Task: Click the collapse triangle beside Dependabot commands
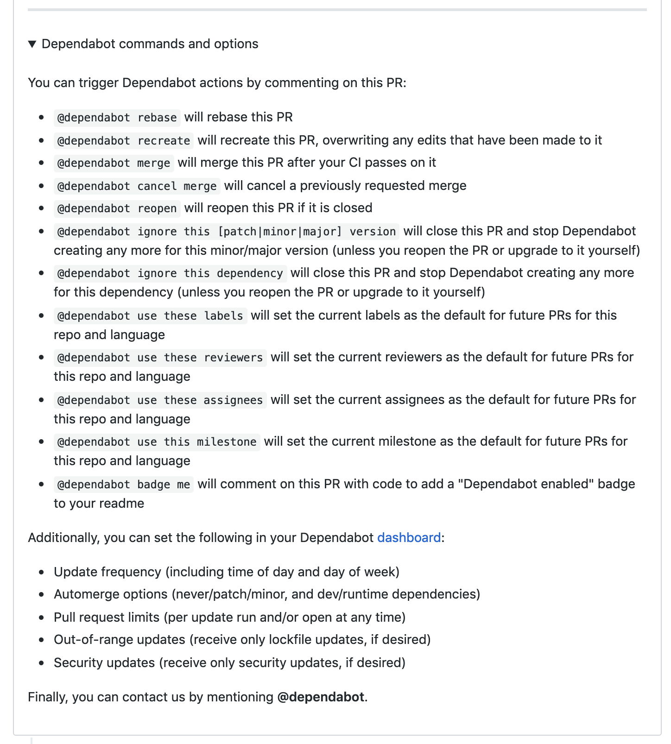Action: click(x=32, y=44)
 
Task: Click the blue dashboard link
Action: click(x=409, y=537)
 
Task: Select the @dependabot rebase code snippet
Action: click(x=117, y=117)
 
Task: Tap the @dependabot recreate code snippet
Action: click(x=124, y=140)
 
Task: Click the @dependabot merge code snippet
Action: click(x=114, y=163)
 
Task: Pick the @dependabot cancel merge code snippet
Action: click(x=137, y=186)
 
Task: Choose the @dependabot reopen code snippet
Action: click(x=117, y=208)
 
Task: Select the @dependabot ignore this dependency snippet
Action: click(x=170, y=273)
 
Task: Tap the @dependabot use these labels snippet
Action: click(x=150, y=315)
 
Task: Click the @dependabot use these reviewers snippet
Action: click(x=160, y=358)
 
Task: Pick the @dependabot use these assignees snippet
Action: click(x=160, y=400)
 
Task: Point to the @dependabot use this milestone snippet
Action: click(x=157, y=441)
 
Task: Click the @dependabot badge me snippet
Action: click(x=124, y=484)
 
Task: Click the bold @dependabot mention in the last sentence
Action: click(x=320, y=697)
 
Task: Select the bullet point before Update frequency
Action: click(x=42, y=572)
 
